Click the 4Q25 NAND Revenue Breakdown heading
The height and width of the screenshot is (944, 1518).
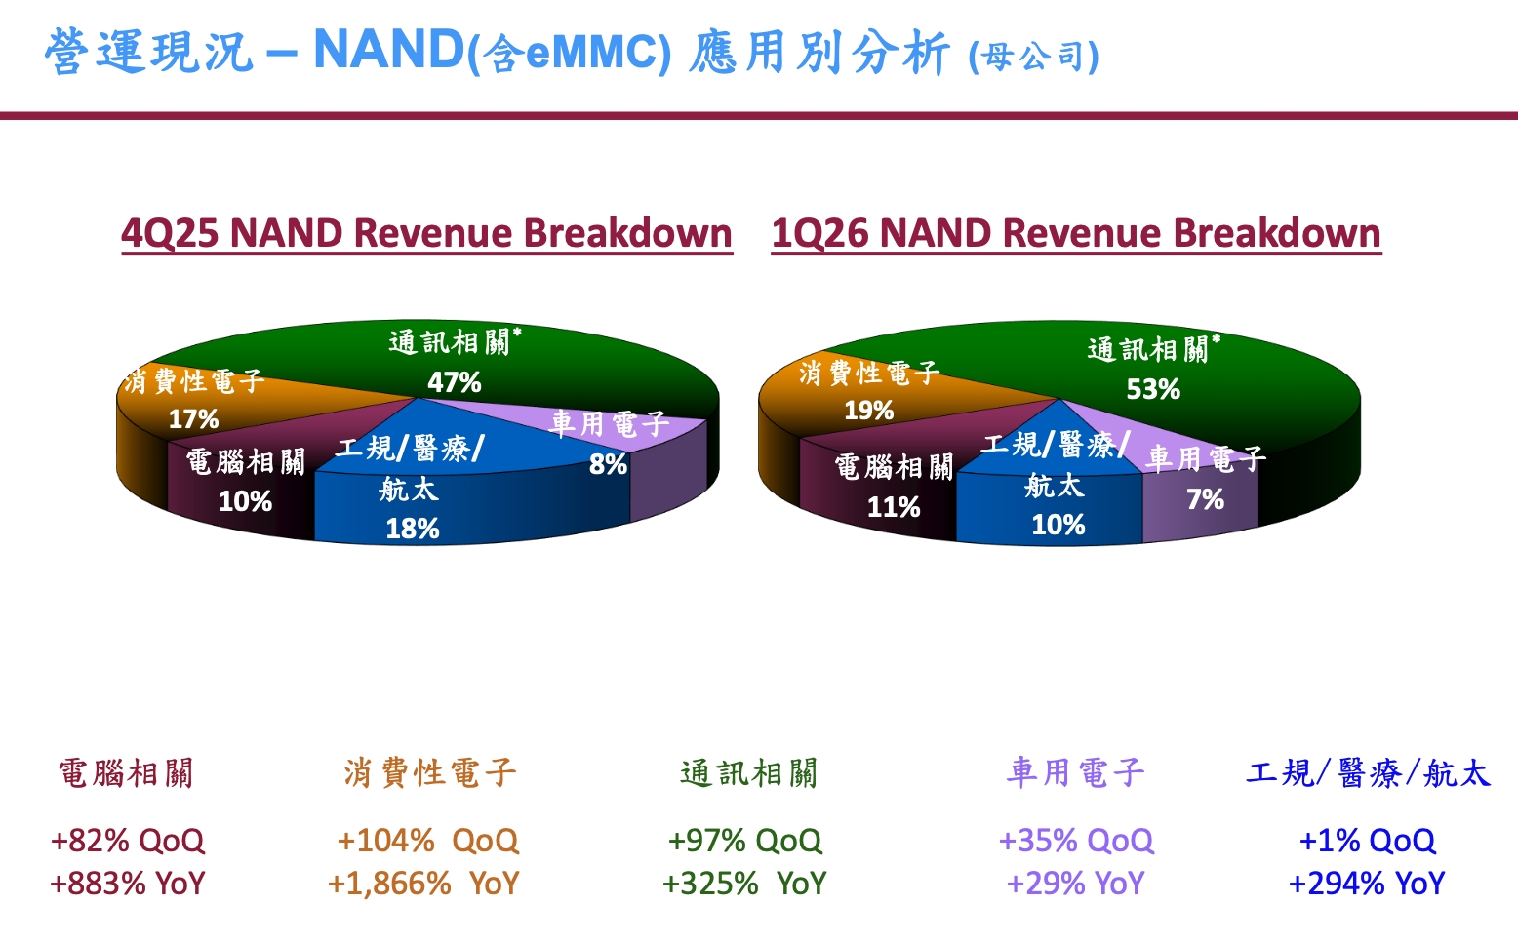(x=426, y=233)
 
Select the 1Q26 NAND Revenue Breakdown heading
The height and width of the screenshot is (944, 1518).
(x=1076, y=233)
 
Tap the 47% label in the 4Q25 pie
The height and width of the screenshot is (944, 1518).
(x=455, y=382)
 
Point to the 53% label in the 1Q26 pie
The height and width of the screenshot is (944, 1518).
(x=1153, y=389)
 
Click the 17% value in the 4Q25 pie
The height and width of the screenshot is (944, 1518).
(x=193, y=419)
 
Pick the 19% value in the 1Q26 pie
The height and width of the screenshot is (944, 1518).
(x=868, y=410)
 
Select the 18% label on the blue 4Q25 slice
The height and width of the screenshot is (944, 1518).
(x=412, y=529)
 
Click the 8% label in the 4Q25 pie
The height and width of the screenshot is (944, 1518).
(x=608, y=464)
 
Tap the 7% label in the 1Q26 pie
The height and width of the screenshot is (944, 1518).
(x=1205, y=499)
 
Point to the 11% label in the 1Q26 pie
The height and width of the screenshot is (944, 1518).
(x=894, y=507)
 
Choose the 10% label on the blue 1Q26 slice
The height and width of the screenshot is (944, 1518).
(x=1059, y=525)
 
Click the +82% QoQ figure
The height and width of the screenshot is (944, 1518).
(x=128, y=840)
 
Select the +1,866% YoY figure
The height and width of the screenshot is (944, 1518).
(x=423, y=884)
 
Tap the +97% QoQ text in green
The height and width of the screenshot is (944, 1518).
(x=745, y=840)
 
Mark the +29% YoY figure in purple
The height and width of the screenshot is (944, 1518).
(x=1075, y=884)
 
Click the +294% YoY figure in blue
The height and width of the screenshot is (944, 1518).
(x=1367, y=884)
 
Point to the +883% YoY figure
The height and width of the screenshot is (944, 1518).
(x=128, y=884)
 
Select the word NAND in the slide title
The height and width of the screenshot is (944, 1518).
(x=388, y=49)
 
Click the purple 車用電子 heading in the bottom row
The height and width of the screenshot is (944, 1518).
(x=1075, y=773)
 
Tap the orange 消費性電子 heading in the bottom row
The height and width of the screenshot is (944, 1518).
(x=429, y=773)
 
